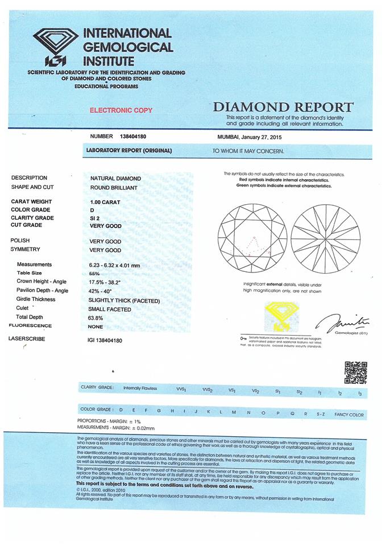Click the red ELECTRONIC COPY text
click(121, 110)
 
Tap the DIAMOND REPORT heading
click(283, 107)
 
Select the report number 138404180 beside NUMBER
click(134, 136)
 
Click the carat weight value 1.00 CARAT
click(106, 202)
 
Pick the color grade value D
click(92, 210)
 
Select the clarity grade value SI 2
click(96, 218)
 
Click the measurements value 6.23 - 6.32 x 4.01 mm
click(122, 265)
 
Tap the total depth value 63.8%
click(98, 317)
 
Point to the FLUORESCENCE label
click(30, 326)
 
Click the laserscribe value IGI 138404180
click(106, 340)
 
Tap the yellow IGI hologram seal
click(282, 317)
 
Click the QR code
click(356, 373)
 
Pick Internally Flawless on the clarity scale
click(140, 388)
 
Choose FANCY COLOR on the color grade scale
click(348, 415)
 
